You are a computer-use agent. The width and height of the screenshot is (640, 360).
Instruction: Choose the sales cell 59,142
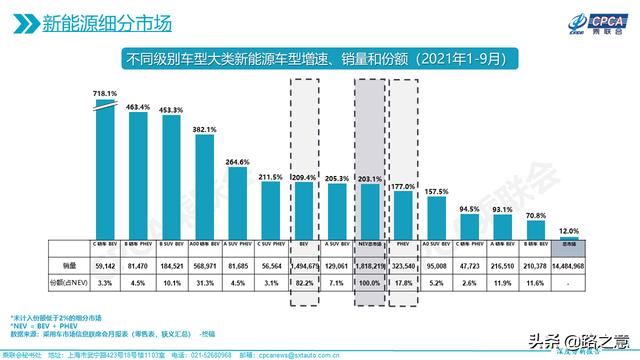105,266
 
